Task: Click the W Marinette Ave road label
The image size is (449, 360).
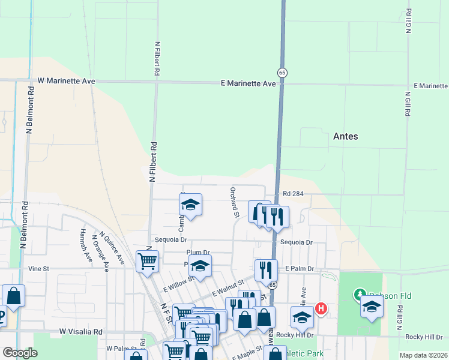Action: pos(67,80)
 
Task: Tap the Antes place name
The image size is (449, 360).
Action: pos(345,136)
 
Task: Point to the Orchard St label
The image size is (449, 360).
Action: pos(234,202)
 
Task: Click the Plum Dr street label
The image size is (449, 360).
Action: pos(197,253)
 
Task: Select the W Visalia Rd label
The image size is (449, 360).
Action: pos(80,331)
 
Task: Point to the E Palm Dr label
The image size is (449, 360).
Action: pos(300,269)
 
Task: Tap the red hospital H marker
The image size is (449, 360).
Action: pos(321,309)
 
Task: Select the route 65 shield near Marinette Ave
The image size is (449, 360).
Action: pos(282,72)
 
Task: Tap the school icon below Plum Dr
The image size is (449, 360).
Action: pos(200,265)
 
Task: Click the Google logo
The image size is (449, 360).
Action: pos(20,353)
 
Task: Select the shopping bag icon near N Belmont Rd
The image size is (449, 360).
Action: pos(14,295)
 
